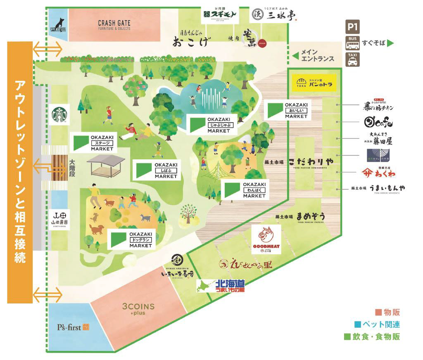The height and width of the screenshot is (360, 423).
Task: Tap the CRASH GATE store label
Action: coord(114,25)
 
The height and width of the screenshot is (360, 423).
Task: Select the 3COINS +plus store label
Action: coord(138,309)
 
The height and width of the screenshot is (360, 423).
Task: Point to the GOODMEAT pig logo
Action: coord(266,239)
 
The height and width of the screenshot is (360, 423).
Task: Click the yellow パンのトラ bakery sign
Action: coord(314,83)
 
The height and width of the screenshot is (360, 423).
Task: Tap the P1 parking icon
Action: coord(352,28)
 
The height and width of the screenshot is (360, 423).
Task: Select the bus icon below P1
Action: coord(352,43)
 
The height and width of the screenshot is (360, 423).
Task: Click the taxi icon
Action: coord(352,60)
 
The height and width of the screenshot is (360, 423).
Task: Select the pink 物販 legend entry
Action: coord(385,313)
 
